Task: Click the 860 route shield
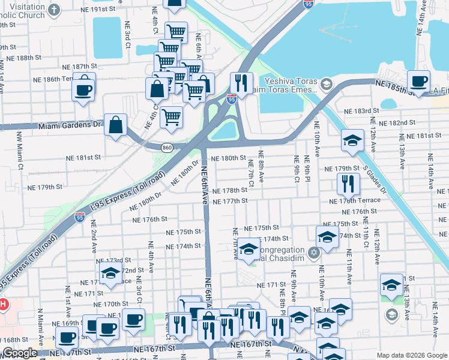tap(168, 146)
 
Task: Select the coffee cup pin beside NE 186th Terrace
tap(83, 90)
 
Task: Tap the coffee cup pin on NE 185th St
tap(418, 80)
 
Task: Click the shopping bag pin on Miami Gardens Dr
tap(115, 126)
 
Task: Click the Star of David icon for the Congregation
tap(313, 251)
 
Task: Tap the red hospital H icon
tap(2, 304)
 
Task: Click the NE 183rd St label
tap(362, 111)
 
